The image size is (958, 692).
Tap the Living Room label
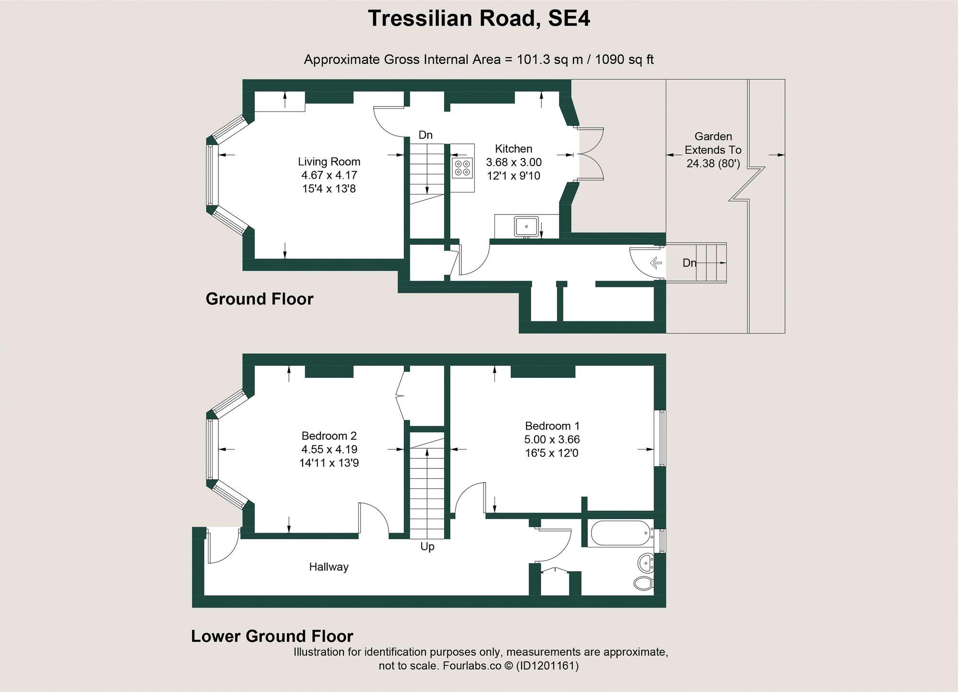[329, 162]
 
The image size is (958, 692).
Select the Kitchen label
[513, 149]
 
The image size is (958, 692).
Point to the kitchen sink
[526, 226]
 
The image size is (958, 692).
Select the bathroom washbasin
[646, 563]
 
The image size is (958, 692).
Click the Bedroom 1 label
[552, 426]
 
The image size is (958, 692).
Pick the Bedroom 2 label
[329, 436]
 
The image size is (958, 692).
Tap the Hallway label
[329, 567]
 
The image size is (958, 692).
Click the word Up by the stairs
[427, 546]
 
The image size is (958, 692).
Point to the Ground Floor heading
[259, 299]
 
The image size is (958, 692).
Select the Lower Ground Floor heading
[272, 636]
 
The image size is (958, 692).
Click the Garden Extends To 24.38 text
[713, 150]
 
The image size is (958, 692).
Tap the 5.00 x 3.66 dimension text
[552, 439]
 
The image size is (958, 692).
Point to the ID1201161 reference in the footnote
[547, 666]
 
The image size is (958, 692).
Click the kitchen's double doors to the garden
[590, 154]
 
